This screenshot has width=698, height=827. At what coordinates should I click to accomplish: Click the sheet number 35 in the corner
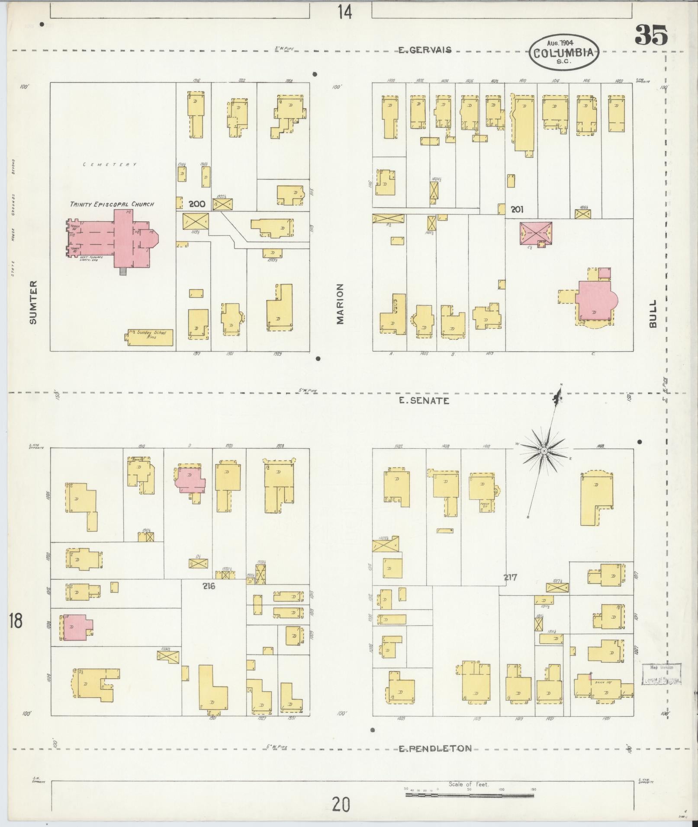tap(652, 35)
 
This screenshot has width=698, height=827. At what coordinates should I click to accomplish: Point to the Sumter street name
tap(33, 302)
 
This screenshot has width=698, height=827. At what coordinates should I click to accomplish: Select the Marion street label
tap(340, 303)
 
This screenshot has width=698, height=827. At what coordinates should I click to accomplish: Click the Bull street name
tap(653, 313)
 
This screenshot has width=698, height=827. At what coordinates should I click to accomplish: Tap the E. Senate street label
tap(424, 401)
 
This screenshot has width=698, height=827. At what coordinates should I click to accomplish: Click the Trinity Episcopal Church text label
tap(112, 204)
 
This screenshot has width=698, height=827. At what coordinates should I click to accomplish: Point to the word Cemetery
tap(110, 165)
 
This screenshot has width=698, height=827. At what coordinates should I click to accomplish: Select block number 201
tap(517, 210)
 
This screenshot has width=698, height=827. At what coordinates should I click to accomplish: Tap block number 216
tap(209, 586)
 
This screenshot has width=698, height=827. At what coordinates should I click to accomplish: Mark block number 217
tap(511, 577)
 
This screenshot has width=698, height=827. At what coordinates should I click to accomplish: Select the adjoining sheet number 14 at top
tap(344, 12)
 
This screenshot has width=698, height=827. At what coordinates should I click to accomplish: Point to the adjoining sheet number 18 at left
tap(15, 621)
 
